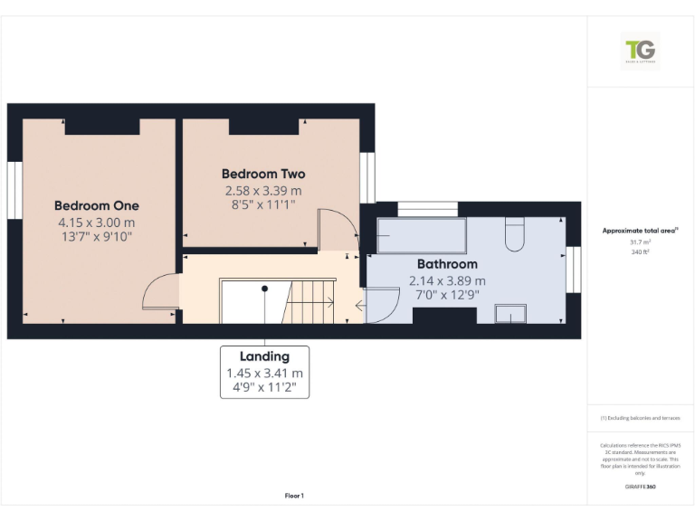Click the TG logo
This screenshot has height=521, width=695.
point(641,51)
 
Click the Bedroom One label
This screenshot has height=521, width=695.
point(96,206)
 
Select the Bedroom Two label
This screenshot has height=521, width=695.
point(263,174)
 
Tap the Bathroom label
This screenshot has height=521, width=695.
point(447,264)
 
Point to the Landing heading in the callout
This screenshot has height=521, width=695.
point(264,356)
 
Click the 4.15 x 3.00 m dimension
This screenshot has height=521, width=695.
point(96,223)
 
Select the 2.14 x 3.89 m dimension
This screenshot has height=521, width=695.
point(447,280)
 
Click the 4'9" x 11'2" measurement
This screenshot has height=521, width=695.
point(264,389)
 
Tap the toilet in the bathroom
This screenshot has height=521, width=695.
point(513,234)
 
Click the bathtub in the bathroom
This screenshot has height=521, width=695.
point(421,234)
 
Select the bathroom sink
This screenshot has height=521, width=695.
point(511,313)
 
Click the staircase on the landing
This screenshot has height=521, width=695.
point(311,301)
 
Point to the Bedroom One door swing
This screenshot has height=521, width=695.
point(160,293)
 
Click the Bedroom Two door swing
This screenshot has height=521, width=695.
point(339,228)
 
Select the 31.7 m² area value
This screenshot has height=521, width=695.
point(640,242)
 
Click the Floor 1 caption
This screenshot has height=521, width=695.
point(294,496)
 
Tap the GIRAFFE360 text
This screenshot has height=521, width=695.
point(640,487)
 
